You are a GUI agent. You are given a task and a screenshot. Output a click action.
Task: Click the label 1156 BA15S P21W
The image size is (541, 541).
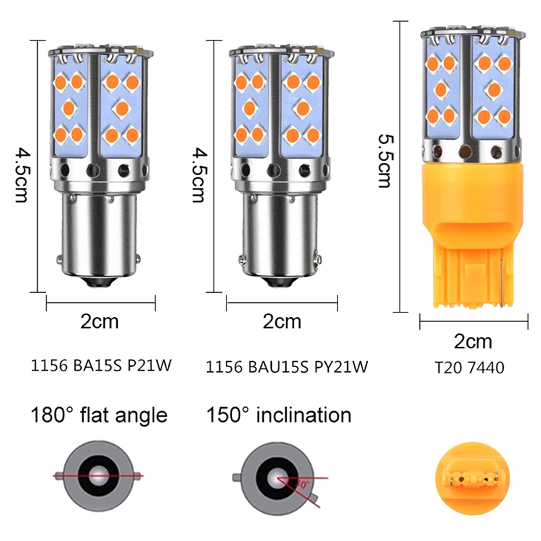(101, 365)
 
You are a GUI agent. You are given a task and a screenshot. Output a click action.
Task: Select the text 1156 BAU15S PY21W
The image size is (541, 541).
(287, 367)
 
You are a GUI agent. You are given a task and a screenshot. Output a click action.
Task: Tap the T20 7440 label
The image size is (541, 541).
(469, 367)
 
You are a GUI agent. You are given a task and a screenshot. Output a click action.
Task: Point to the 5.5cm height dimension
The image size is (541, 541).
(384, 161)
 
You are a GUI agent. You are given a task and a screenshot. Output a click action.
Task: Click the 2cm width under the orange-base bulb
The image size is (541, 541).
(473, 342)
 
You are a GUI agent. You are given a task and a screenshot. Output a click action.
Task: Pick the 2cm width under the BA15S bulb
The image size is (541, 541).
(99, 321)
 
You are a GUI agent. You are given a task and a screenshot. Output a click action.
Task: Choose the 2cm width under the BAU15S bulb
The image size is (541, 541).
(282, 321)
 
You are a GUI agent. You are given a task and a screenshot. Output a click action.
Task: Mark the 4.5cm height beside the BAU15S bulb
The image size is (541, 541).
(198, 175)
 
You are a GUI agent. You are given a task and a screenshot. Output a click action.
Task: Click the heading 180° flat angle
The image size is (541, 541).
(99, 415)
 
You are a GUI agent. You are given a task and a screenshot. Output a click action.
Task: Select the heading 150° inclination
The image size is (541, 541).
(279, 415)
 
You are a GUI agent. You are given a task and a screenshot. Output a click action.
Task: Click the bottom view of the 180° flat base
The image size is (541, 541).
(98, 476)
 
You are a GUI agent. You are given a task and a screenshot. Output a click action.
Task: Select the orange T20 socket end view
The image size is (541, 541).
(472, 478)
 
